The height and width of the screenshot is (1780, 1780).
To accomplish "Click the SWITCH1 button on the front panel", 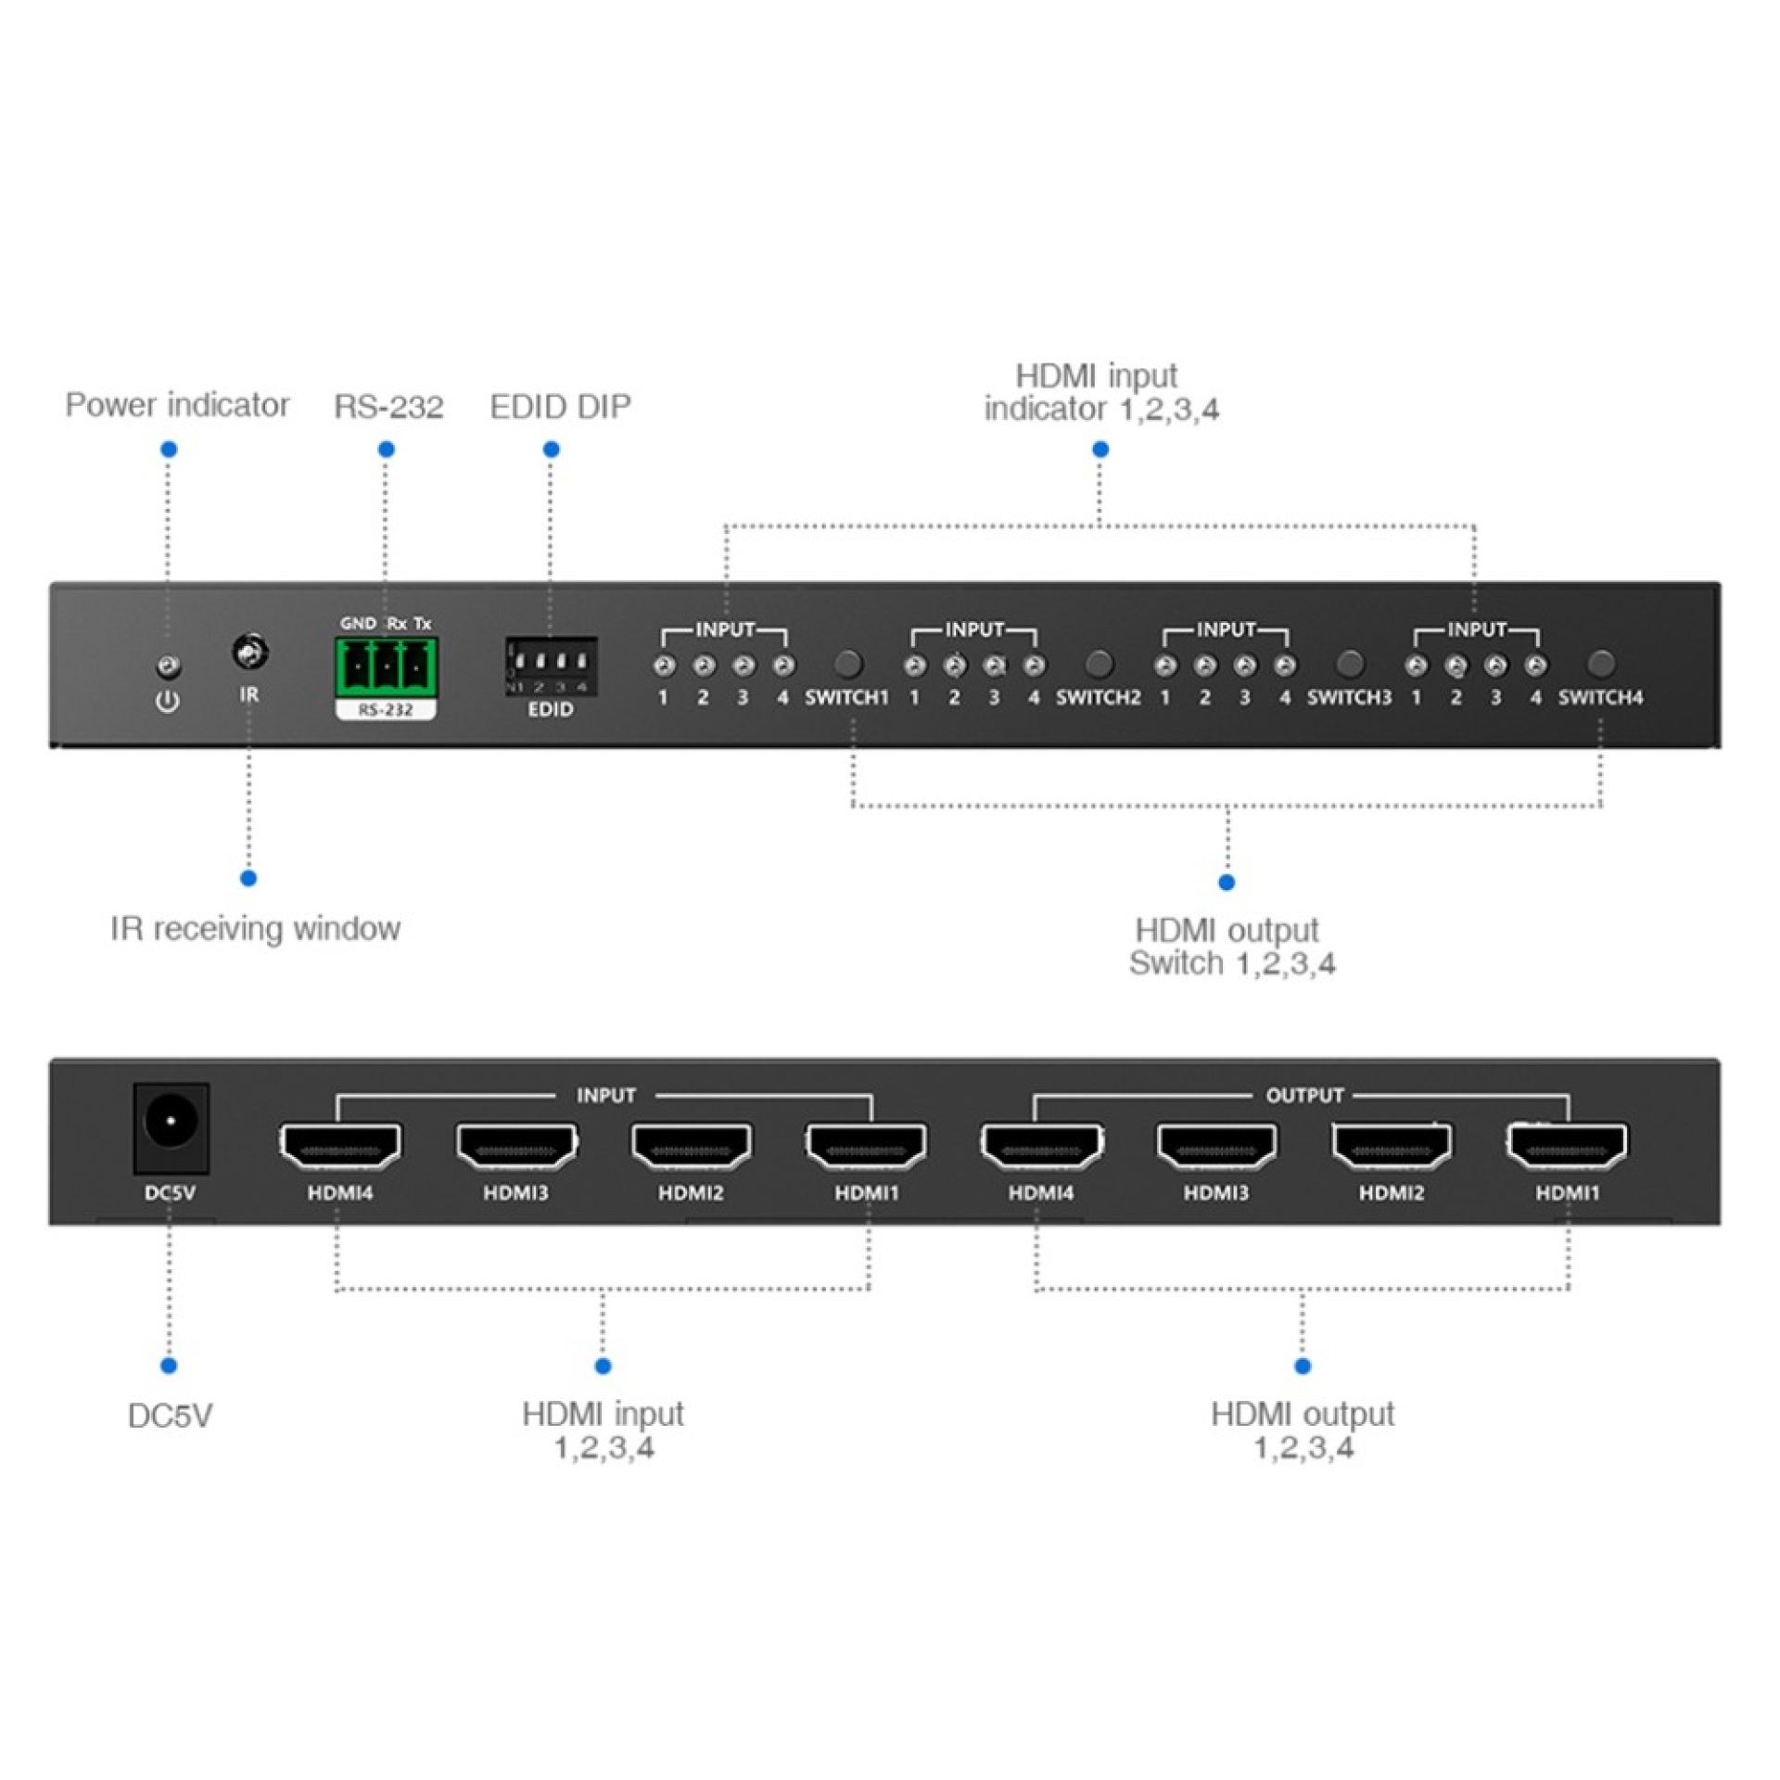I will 847,664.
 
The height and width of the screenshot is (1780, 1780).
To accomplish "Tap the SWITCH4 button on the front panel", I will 1601,664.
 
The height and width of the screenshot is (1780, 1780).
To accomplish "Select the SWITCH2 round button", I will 1099,664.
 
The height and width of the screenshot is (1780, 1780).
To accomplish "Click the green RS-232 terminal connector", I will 386,666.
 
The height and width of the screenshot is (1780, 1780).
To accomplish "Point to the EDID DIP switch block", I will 551,665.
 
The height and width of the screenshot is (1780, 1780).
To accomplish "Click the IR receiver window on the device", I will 249,653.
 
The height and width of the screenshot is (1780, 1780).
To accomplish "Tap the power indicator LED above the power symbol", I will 168,666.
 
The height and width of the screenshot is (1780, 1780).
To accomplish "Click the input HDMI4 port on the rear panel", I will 340,1146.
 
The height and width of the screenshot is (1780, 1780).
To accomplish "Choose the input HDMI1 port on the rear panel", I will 866,1146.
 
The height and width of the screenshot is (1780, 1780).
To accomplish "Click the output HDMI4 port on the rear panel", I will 1041,1146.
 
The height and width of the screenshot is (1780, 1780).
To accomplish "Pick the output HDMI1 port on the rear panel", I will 1567,1146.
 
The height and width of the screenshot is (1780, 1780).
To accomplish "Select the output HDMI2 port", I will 1392,1146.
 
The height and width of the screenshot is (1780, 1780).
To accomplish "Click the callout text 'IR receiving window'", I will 255,928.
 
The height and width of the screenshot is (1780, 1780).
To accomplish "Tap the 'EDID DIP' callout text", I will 560,406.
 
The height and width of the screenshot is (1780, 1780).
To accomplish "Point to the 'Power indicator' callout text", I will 177,405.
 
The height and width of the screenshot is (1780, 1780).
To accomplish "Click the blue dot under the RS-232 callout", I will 387,450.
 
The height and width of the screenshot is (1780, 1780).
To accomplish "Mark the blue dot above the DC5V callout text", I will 169,1366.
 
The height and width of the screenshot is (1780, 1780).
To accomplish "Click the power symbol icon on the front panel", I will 168,702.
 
